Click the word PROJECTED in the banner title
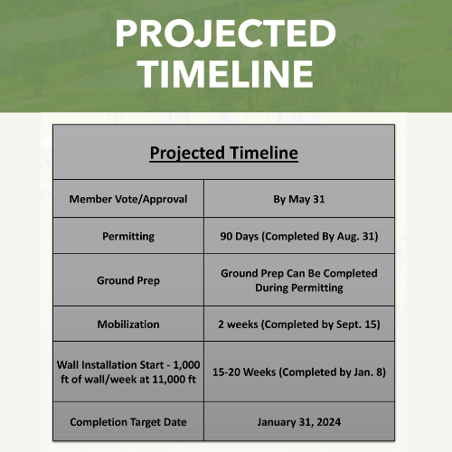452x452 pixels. click(225, 33)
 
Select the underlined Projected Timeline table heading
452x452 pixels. click(223, 152)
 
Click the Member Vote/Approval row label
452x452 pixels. click(128, 199)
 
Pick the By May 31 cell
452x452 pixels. click(299, 199)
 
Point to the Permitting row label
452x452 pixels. click(128, 236)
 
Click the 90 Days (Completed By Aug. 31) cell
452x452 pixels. click(299, 236)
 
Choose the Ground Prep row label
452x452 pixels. click(128, 280)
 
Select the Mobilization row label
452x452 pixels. click(128, 324)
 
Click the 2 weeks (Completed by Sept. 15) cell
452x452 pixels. click(299, 324)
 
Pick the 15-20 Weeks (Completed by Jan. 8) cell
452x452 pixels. click(299, 371)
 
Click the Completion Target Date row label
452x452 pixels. click(128, 421)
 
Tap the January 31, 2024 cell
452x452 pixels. click(299, 421)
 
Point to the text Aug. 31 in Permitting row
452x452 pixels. click(354, 236)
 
